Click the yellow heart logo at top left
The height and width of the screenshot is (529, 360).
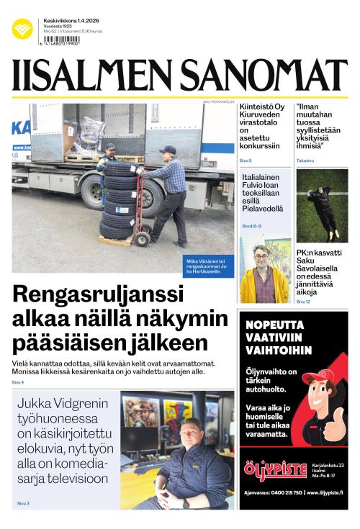coord(22,29)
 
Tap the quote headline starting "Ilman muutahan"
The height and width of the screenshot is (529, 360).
coord(321,127)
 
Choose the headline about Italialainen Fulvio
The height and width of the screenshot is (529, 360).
coord(264,193)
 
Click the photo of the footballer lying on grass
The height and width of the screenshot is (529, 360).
coord(322,205)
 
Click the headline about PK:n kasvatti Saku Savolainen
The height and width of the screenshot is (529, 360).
coord(321,273)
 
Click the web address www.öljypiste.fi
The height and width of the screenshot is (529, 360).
coord(323,494)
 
